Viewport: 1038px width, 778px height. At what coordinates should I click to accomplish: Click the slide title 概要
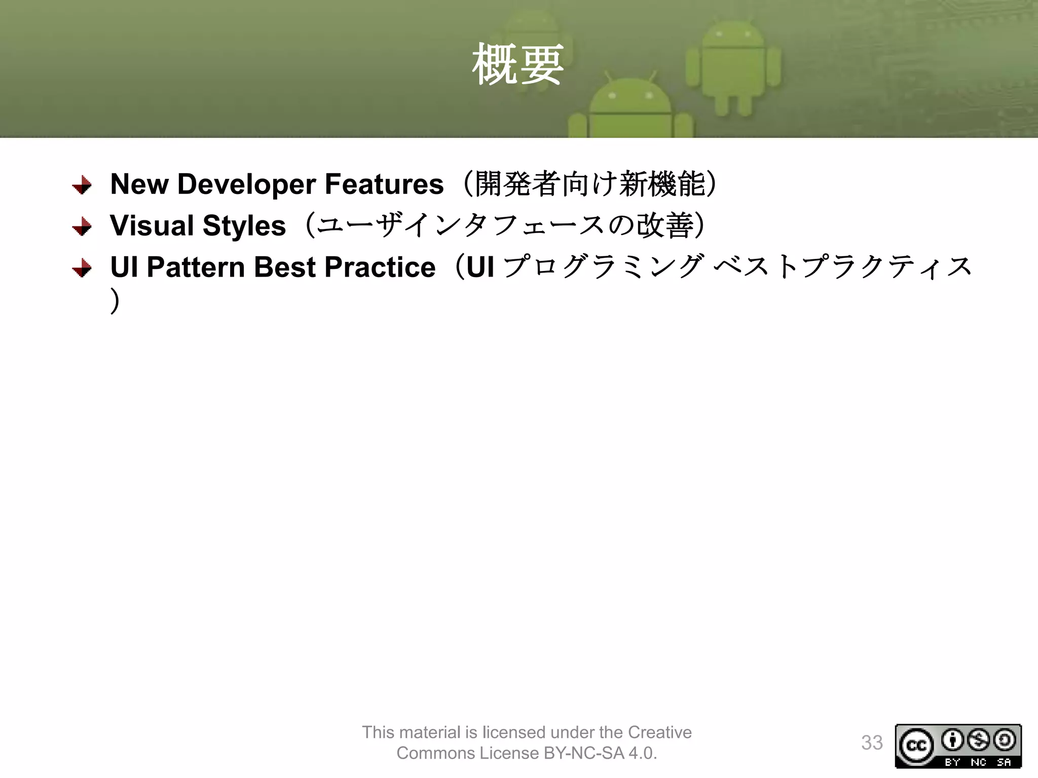(x=517, y=65)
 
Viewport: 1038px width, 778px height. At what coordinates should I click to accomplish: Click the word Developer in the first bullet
(x=246, y=184)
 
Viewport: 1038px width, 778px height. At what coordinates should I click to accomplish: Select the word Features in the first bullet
(x=384, y=184)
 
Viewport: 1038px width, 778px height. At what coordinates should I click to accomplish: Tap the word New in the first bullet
(x=139, y=184)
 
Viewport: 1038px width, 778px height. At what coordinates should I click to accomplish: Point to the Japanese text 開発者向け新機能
(x=590, y=184)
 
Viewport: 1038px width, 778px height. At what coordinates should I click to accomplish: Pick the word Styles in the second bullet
(x=244, y=226)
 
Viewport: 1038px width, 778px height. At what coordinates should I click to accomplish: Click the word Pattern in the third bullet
(x=196, y=267)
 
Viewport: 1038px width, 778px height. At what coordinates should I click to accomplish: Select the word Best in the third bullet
(x=284, y=267)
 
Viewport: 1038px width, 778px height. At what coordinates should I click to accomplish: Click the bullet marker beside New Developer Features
(x=82, y=185)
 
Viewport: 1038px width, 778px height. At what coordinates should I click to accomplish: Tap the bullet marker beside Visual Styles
(x=82, y=227)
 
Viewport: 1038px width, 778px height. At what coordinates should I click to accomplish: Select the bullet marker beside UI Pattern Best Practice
(x=82, y=268)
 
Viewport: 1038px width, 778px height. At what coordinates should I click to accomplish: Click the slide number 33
(x=872, y=743)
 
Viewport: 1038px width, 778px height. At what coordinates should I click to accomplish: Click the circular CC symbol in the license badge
(x=916, y=746)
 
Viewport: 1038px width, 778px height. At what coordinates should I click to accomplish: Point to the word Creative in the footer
(x=659, y=732)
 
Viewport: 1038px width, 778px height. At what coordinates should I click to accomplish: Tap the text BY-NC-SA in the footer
(x=583, y=754)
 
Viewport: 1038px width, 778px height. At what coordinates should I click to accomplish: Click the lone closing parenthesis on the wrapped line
(x=116, y=301)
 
